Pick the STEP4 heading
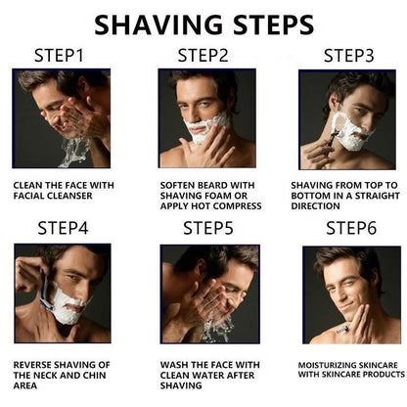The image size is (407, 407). (63, 229)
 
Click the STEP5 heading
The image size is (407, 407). (208, 229)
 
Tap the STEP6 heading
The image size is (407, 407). (349, 229)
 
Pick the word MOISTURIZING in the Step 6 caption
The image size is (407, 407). (325, 364)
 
